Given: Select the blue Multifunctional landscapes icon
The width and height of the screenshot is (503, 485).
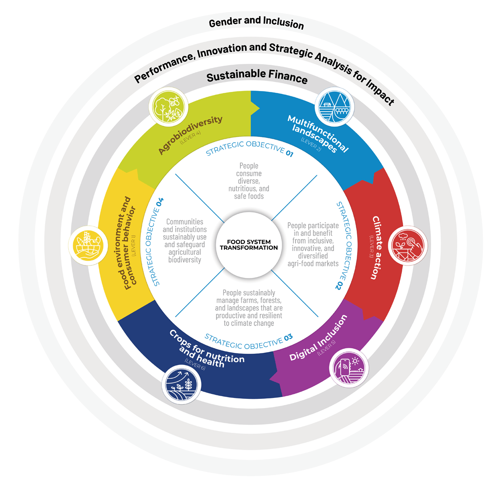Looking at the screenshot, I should click(333, 108).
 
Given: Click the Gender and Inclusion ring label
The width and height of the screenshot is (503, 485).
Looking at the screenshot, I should click(256, 24).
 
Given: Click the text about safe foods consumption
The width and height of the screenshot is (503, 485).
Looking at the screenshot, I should click(249, 181).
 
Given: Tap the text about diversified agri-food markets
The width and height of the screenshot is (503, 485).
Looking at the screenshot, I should click(313, 245).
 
